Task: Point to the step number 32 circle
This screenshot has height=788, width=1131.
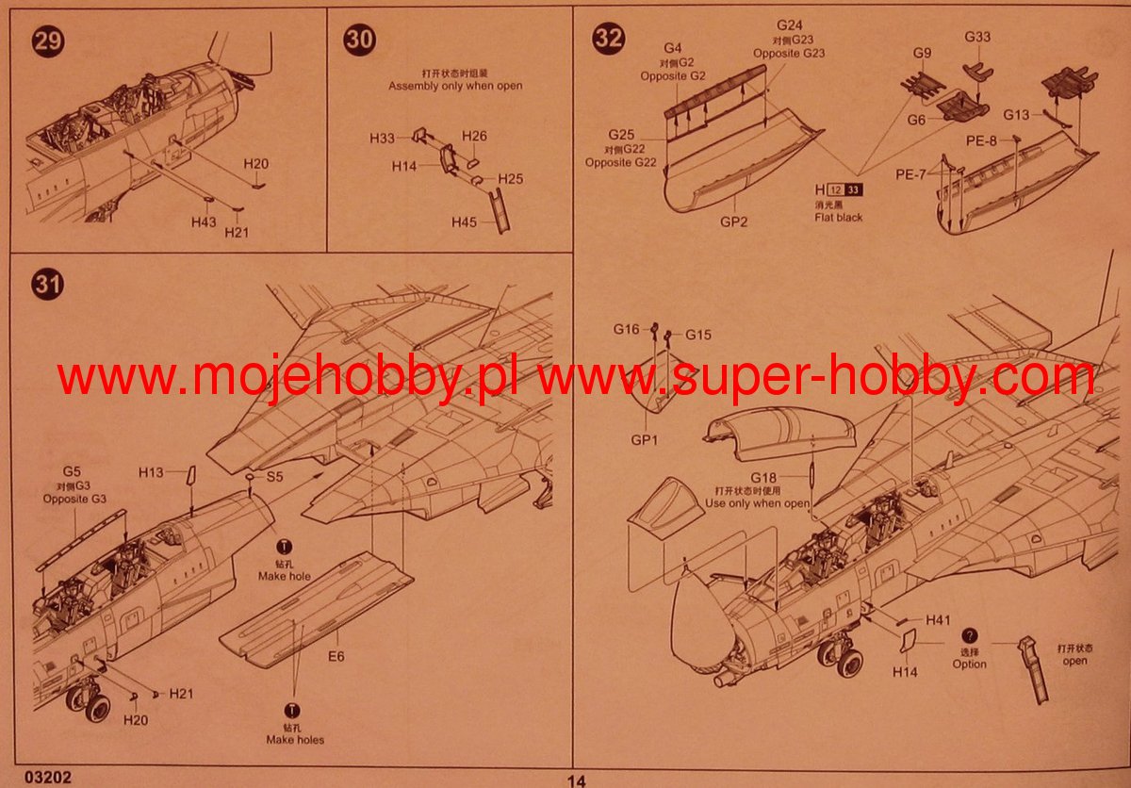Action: click(x=608, y=39)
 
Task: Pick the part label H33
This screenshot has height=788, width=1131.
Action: click(x=382, y=140)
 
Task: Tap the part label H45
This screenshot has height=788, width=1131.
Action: click(x=464, y=223)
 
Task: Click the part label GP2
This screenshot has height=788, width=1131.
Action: click(x=734, y=222)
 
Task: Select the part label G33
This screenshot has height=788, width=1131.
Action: click(x=977, y=37)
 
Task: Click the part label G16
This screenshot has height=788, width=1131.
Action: click(x=626, y=330)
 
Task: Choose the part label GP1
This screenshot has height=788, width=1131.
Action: click(x=645, y=440)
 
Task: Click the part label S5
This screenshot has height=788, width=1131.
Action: click(x=274, y=477)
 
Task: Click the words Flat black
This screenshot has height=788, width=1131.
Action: click(x=838, y=218)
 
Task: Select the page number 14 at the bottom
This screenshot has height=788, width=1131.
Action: click(x=577, y=780)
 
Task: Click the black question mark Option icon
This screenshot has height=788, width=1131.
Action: click(x=970, y=636)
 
